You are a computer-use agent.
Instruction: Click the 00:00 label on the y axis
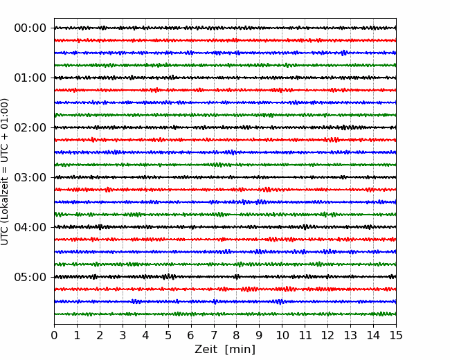click(30, 28)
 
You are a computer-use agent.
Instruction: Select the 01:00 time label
click(30, 78)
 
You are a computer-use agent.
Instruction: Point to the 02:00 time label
click(30, 127)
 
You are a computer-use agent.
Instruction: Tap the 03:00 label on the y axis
click(30, 177)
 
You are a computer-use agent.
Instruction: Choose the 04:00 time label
click(30, 227)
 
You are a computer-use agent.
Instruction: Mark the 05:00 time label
click(30, 277)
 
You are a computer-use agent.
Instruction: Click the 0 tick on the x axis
click(54, 335)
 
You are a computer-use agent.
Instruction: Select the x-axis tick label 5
click(168, 335)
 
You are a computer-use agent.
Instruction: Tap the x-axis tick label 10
click(282, 335)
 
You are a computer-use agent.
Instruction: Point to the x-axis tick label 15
click(396, 335)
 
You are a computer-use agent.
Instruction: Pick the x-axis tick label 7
click(214, 335)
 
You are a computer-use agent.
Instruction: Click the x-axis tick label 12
click(327, 335)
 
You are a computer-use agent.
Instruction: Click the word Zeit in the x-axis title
click(206, 349)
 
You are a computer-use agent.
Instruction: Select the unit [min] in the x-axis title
click(240, 350)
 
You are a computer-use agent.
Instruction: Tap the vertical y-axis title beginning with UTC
click(5, 172)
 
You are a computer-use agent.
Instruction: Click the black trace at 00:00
click(225, 28)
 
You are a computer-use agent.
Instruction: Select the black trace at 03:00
click(225, 177)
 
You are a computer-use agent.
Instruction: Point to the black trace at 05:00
click(225, 277)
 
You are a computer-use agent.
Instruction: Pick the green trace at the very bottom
click(225, 314)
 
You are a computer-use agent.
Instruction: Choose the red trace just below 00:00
click(225, 40)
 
